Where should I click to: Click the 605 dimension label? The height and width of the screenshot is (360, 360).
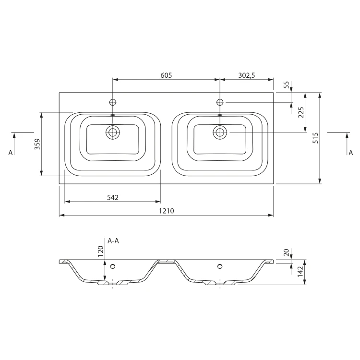click(166, 75)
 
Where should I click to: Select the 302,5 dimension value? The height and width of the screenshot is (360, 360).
click(247, 75)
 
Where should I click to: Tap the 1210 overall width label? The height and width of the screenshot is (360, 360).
click(167, 211)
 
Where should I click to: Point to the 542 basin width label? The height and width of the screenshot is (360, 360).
click(113, 197)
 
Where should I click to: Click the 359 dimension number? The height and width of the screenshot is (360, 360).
click(37, 144)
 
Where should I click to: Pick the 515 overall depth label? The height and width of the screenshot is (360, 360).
click(316, 138)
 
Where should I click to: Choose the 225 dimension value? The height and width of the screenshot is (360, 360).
click(301, 112)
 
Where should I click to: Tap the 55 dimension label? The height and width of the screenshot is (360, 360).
click(286, 85)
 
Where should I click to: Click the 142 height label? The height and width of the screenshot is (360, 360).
click(300, 271)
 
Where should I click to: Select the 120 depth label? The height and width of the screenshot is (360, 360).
click(101, 252)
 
